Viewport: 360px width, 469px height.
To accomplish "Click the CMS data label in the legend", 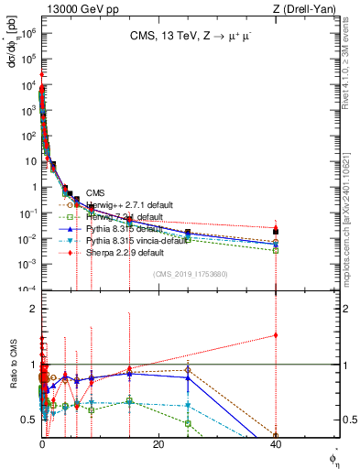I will tap(95, 193).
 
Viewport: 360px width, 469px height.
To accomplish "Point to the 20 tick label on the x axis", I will tap(158, 445).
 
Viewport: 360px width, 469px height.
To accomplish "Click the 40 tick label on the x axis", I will tap(275, 445).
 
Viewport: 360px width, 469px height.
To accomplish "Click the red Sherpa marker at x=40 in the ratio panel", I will tap(275, 334).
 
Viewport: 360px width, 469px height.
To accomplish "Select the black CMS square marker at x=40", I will tap(275, 229).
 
